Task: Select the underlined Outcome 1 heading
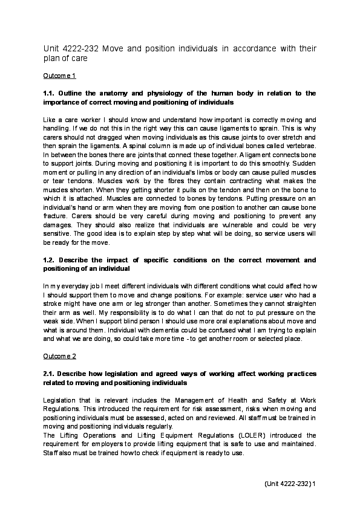(x=59, y=77)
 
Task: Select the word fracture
(x=56, y=215)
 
